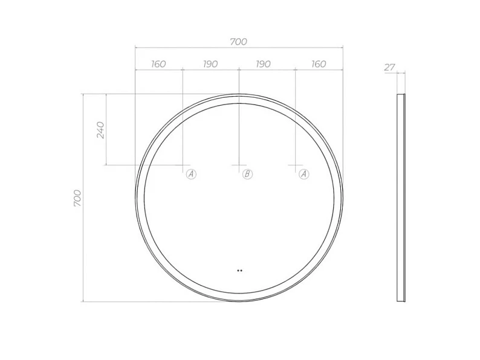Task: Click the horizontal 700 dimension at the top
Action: pyautogui.click(x=238, y=42)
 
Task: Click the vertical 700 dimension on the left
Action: pyautogui.click(x=77, y=198)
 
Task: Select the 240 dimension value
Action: pyautogui.click(x=100, y=130)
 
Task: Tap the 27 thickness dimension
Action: pyautogui.click(x=390, y=67)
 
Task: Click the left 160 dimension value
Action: pyautogui.click(x=158, y=64)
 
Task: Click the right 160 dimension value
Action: pyautogui.click(x=319, y=64)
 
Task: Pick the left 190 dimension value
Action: pyautogui.click(x=210, y=64)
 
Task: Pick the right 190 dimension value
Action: pyautogui.click(x=263, y=64)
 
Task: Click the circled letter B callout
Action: pyautogui.click(x=247, y=175)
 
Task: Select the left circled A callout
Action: pyautogui.click(x=191, y=175)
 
